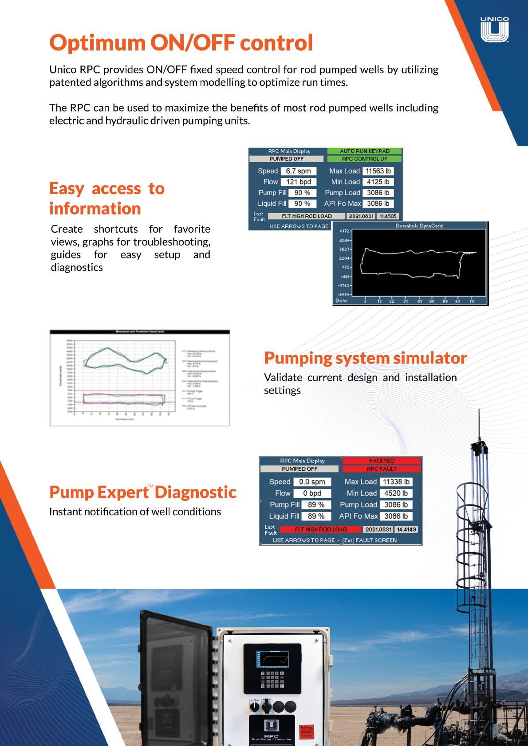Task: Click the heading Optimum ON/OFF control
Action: coord(181,43)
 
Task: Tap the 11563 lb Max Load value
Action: coord(378,171)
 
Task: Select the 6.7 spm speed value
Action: coord(298,171)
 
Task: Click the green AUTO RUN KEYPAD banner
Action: coord(364,151)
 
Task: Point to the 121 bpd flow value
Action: coord(298,182)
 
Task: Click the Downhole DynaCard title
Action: coord(419,226)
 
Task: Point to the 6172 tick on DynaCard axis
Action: coord(344,231)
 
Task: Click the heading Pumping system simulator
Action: coord(365,358)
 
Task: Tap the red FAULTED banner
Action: coord(382,461)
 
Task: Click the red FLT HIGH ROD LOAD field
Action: coord(321,529)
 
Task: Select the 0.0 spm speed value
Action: coord(311,482)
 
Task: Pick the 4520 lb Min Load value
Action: coord(396,493)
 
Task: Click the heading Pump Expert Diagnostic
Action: coord(142,492)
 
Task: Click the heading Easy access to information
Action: coord(106,198)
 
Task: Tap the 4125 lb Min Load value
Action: coord(378,182)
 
